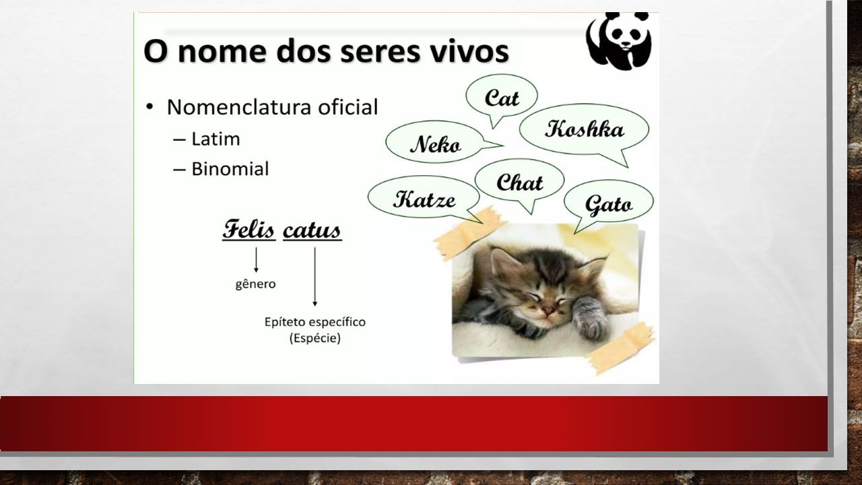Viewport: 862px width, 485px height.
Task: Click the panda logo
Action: tap(619, 41)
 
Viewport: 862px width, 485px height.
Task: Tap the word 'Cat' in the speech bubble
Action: tap(502, 98)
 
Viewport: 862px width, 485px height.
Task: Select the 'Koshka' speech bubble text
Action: tap(584, 129)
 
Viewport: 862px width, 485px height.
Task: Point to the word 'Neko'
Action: tap(435, 144)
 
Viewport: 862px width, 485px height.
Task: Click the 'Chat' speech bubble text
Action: tap(519, 182)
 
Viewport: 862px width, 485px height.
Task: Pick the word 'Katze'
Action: tap(424, 199)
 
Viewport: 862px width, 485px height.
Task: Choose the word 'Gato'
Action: tap(608, 204)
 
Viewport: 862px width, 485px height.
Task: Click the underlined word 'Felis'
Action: tap(248, 230)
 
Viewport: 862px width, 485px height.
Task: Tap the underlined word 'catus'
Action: tap(312, 230)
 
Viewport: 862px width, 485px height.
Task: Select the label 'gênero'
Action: tap(255, 284)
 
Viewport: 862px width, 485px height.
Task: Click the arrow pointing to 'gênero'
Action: tap(256, 260)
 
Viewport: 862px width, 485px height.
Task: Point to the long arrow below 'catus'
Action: tap(314, 276)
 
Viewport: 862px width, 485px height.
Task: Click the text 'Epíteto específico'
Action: tap(314, 322)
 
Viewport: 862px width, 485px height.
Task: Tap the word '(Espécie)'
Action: tap(314, 338)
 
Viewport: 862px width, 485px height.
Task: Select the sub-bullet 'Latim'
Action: tap(215, 139)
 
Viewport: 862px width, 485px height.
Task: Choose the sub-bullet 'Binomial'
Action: tap(230, 168)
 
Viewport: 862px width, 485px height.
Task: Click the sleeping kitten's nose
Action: tap(550, 311)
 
